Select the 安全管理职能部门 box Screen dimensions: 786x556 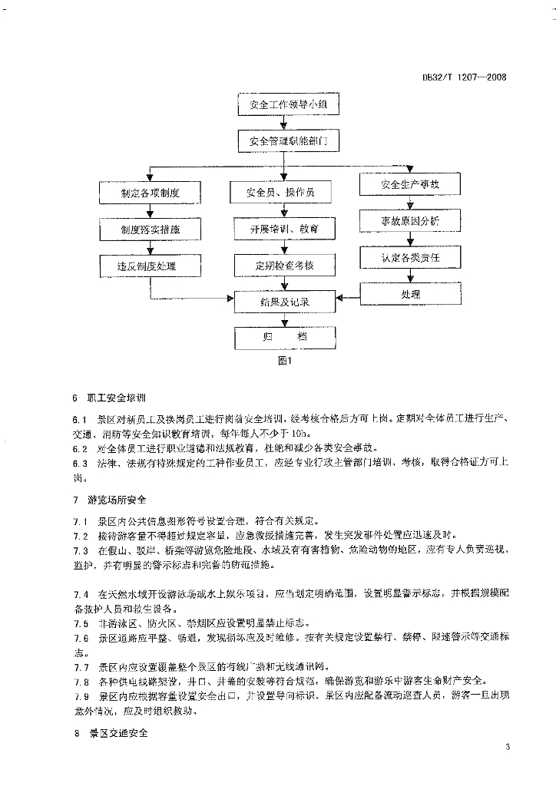[288, 141]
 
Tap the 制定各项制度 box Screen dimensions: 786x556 [150, 193]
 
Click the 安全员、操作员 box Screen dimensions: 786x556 [285, 192]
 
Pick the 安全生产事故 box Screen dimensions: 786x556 [410, 185]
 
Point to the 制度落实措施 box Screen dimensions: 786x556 [150, 230]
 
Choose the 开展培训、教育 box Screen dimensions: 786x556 [285, 229]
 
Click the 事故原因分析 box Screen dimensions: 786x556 [410, 222]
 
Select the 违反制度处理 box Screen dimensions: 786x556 [150, 266]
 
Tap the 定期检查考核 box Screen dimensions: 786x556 [285, 266]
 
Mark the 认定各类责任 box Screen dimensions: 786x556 [410, 258]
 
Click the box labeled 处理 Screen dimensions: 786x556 [410, 294]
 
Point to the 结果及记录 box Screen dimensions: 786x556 [285, 302]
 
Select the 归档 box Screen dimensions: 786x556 [285, 337]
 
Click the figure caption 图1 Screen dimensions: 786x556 [286, 362]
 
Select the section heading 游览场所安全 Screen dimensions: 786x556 [113, 500]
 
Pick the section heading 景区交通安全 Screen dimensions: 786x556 [113, 734]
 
